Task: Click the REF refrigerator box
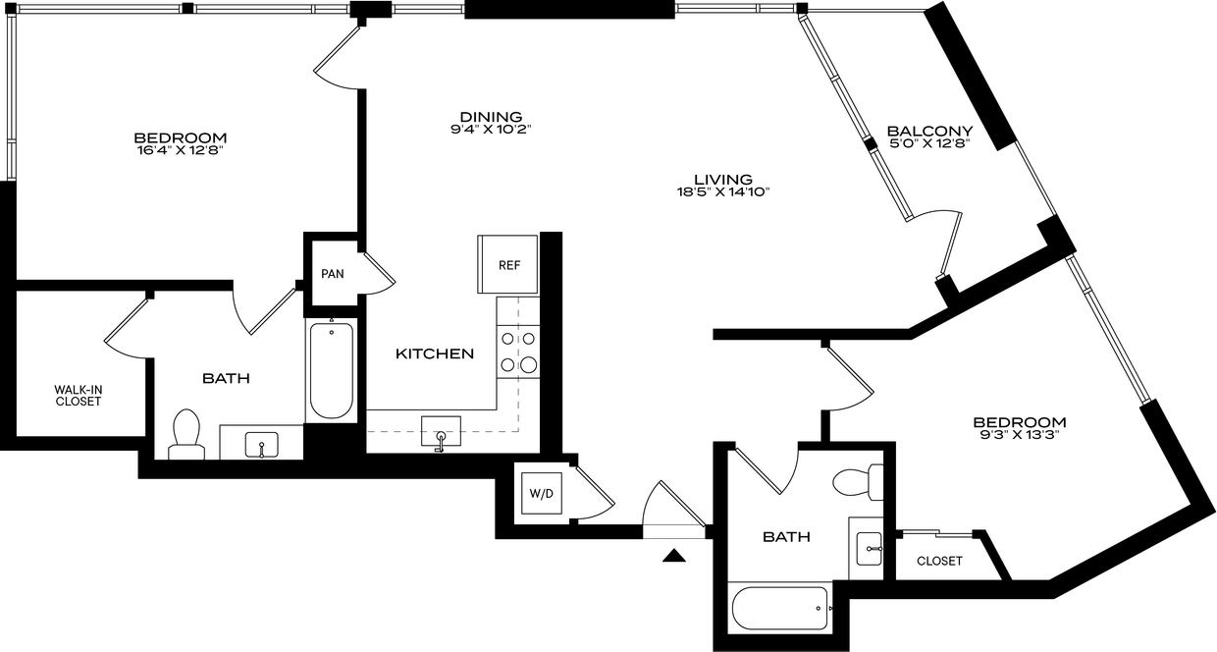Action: (x=507, y=264)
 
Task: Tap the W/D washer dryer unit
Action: (x=541, y=493)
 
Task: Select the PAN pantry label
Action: (x=333, y=274)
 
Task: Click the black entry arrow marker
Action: (x=673, y=555)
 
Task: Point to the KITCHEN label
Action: (x=435, y=354)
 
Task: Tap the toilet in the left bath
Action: (x=186, y=434)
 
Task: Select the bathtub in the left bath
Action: (x=332, y=370)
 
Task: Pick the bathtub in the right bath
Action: (x=780, y=608)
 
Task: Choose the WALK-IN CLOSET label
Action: (x=79, y=396)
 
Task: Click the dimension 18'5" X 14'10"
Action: (x=723, y=191)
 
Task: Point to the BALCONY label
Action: (x=929, y=131)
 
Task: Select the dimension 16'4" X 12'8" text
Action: (x=181, y=150)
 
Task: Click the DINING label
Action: (x=491, y=117)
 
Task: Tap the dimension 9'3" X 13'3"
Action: (x=1019, y=435)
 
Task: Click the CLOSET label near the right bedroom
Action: (x=939, y=561)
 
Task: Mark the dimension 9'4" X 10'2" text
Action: (x=491, y=130)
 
